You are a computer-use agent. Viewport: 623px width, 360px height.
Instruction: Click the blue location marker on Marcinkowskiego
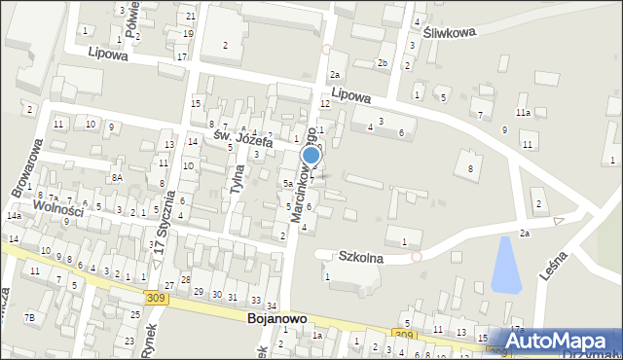tap(311, 155)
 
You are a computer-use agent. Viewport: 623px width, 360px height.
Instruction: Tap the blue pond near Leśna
tap(506, 265)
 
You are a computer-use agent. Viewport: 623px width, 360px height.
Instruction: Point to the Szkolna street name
tap(360, 259)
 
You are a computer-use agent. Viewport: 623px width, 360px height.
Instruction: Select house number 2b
tap(383, 64)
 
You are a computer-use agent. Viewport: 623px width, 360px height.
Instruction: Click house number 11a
tap(523, 113)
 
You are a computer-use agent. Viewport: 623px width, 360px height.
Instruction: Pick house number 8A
tap(116, 177)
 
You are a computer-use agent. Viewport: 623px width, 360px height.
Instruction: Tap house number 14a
tap(14, 215)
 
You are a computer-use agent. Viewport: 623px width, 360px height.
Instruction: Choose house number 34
tap(272, 306)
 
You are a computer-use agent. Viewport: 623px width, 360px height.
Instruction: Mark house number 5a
tap(287, 183)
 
